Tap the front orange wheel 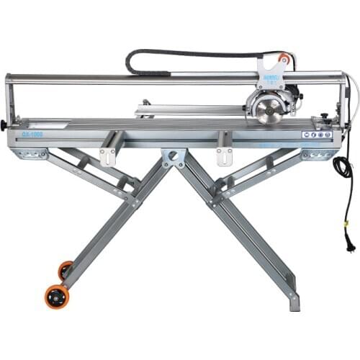tap(58, 297)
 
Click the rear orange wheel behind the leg tap(66, 270)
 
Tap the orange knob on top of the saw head tap(284, 59)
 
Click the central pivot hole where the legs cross tap(174, 156)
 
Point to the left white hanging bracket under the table tap(108, 155)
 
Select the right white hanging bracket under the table tap(224, 155)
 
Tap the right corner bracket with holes tap(318, 154)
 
